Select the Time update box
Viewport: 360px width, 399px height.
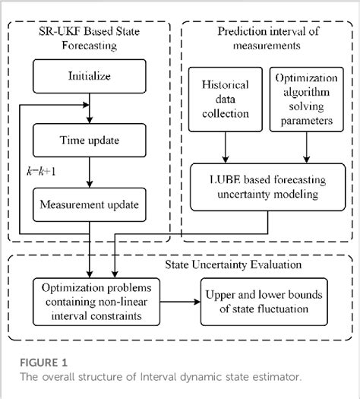coord(90,141)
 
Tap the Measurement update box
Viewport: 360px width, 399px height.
coord(90,204)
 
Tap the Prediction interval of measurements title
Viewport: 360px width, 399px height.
coord(266,38)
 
